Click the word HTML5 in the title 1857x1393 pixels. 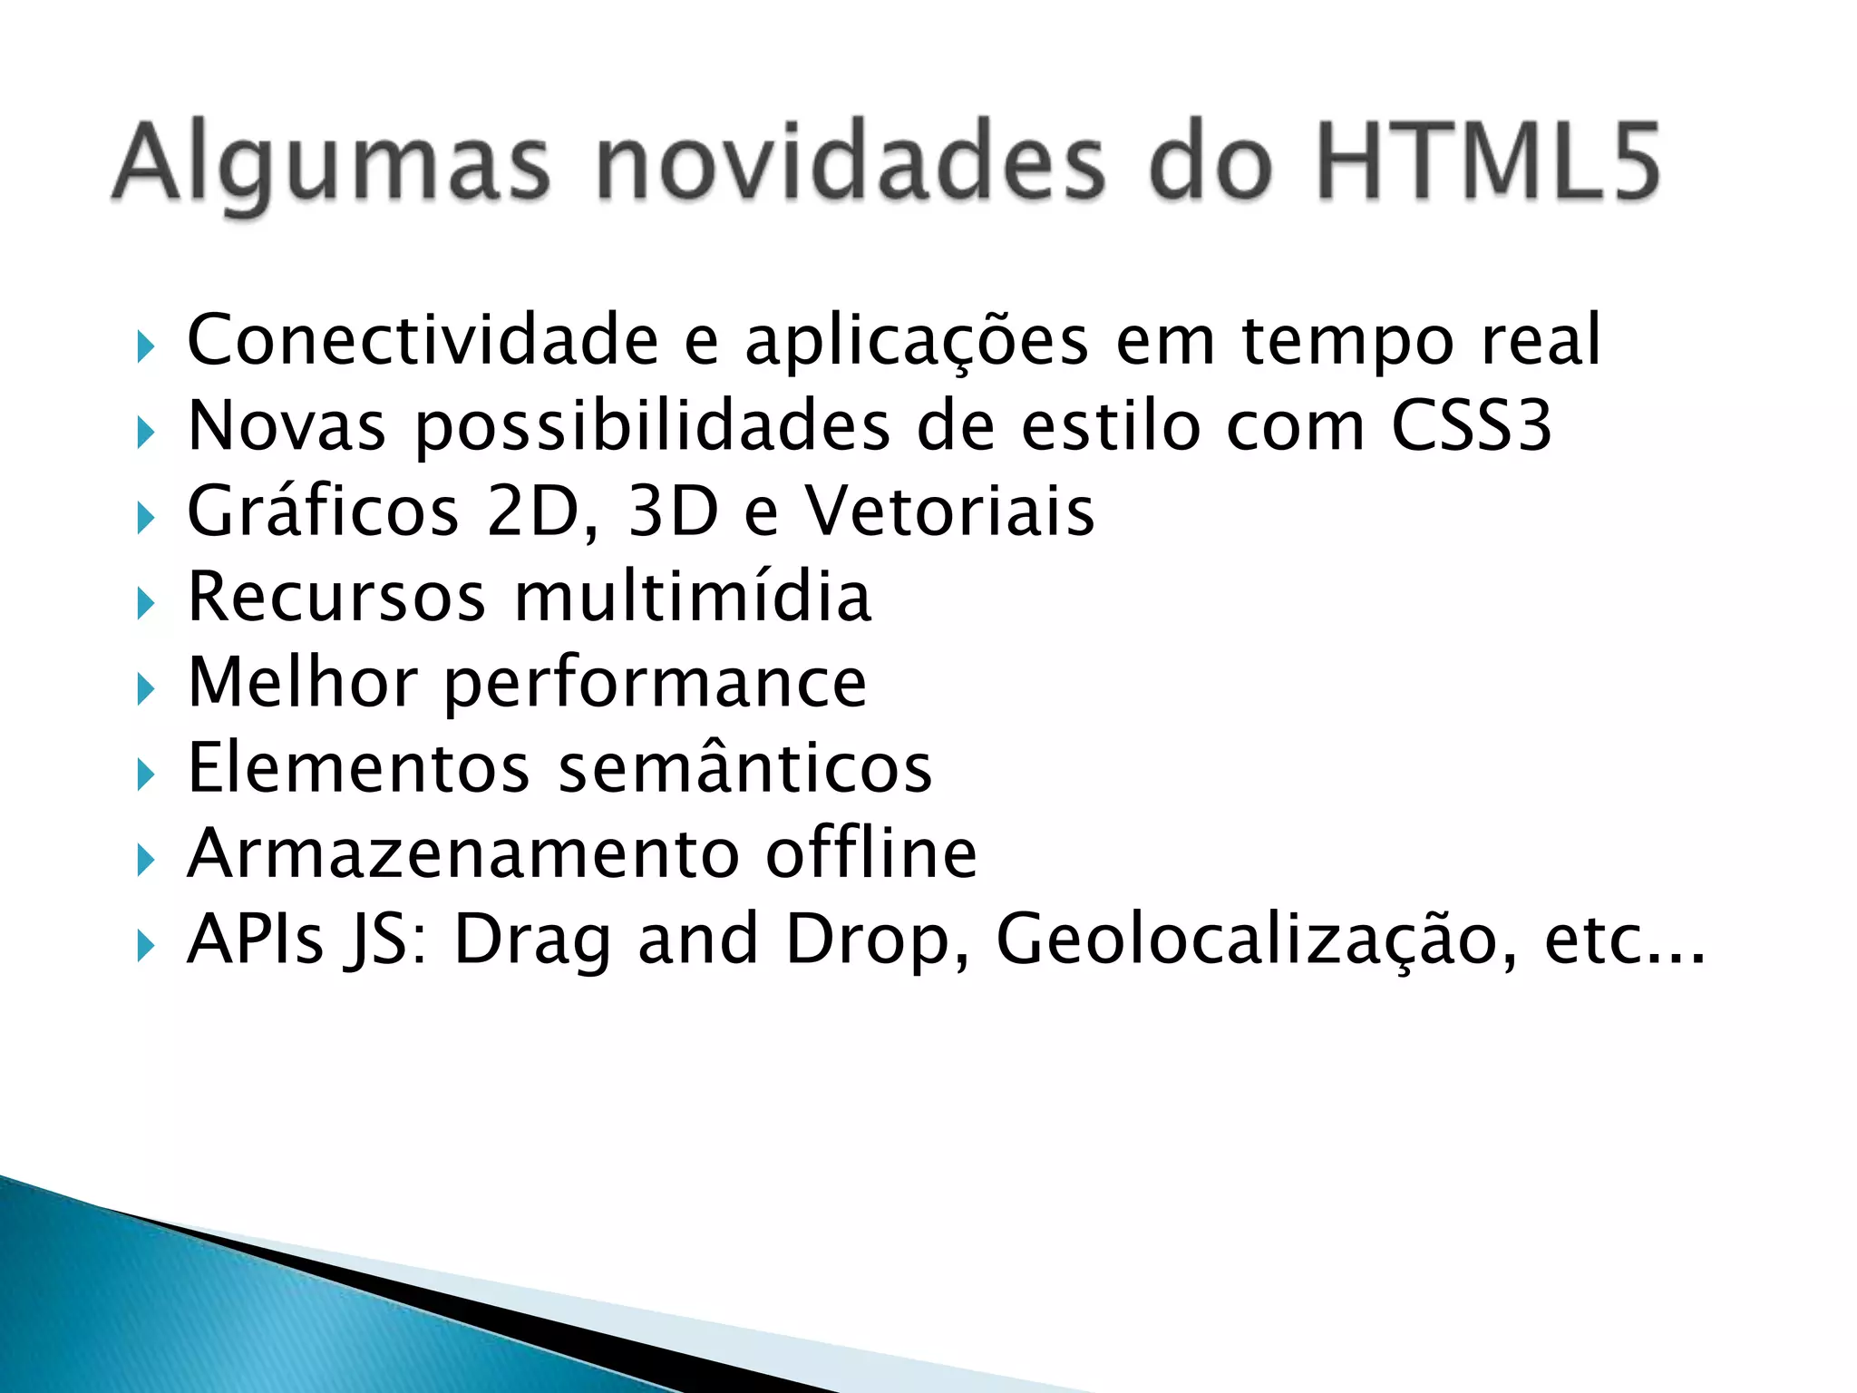click(1487, 163)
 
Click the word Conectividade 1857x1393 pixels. click(423, 340)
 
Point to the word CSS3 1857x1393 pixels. click(1471, 425)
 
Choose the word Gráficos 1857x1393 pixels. click(323, 512)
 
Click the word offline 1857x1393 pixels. click(871, 853)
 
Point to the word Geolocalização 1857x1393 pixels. click(1256, 940)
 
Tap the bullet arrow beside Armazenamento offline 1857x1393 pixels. click(145, 860)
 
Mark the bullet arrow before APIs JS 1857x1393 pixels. click(145, 946)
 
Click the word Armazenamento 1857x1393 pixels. click(462, 854)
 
